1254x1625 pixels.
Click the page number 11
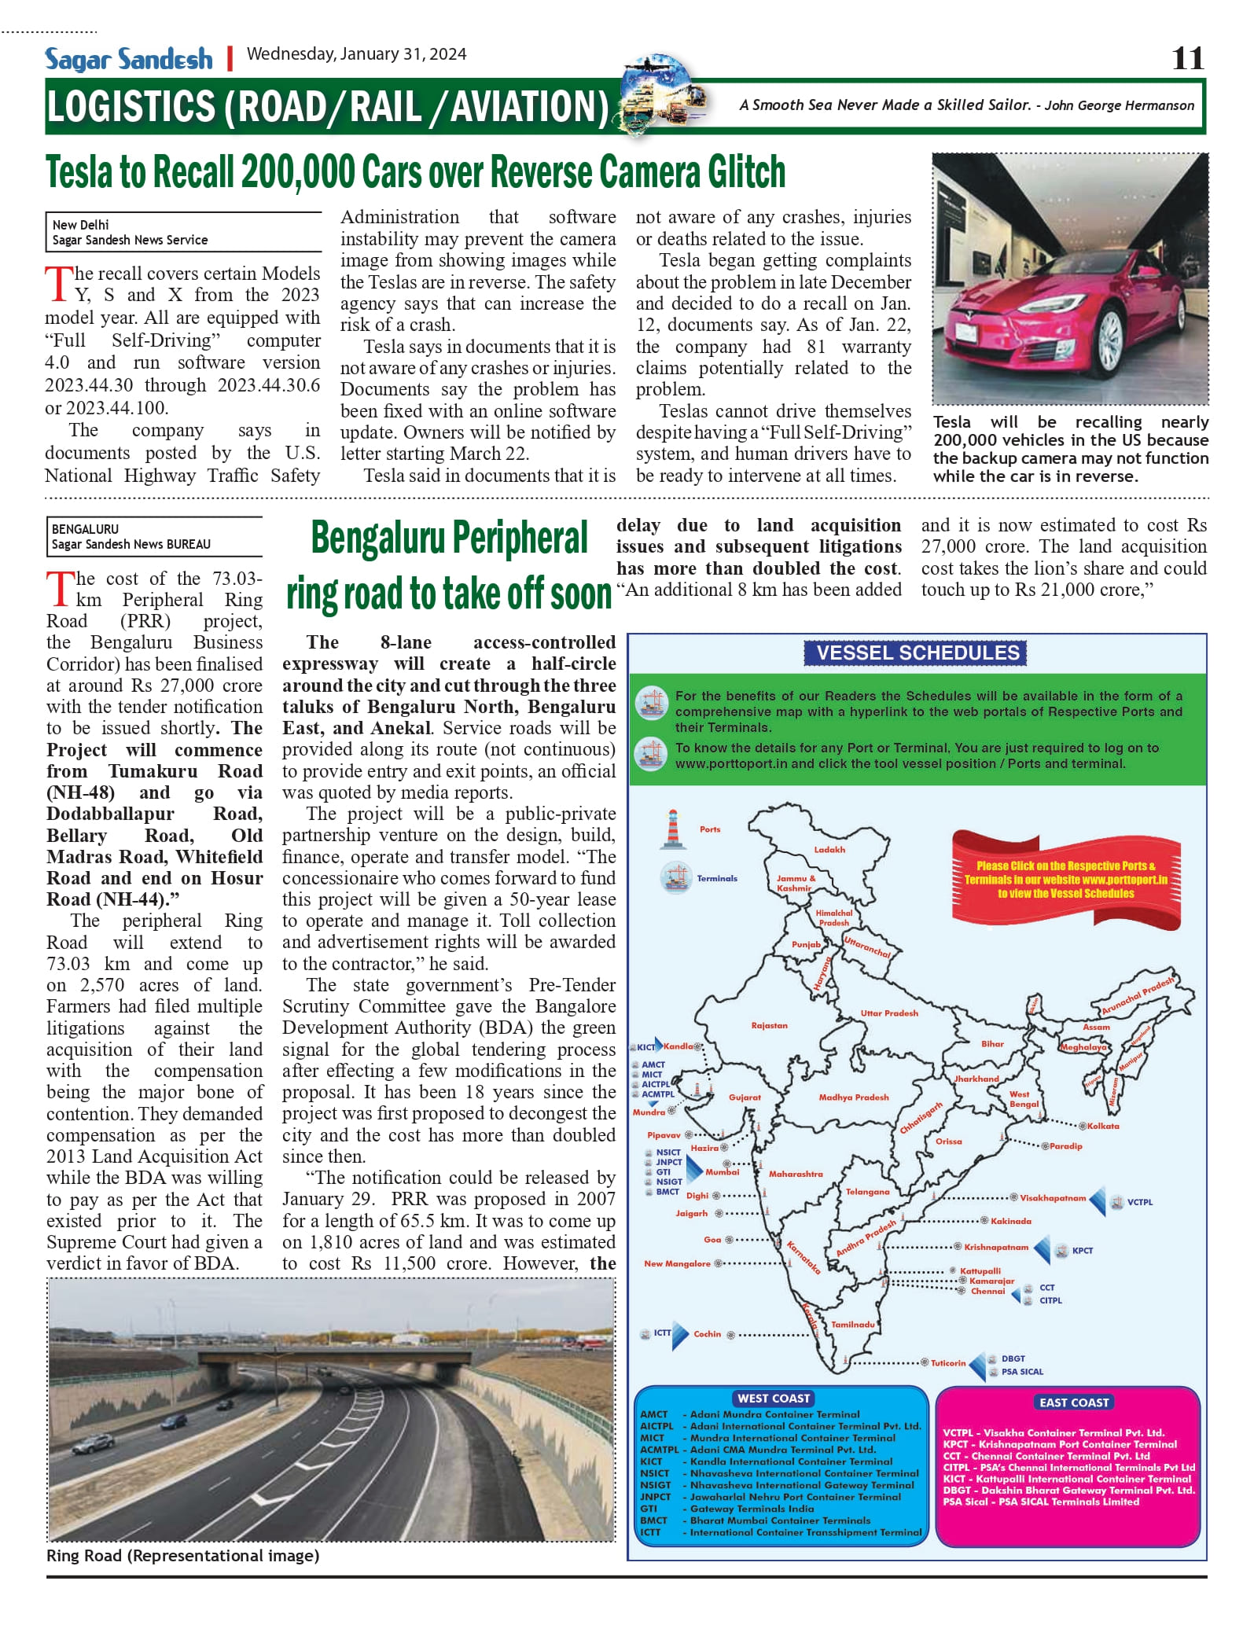click(1187, 58)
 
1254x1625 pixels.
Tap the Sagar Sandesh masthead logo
click(129, 59)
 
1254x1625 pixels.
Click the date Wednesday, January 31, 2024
click(356, 54)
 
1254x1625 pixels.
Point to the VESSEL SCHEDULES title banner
click(918, 653)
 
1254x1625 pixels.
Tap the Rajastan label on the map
click(769, 1025)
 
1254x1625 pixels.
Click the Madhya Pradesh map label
click(853, 1097)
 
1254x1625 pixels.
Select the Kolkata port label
click(1103, 1126)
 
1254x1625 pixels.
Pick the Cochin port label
click(707, 1333)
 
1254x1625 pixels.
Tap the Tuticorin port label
click(948, 1362)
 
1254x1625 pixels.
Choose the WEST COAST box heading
click(774, 1398)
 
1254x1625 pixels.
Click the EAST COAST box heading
click(1073, 1402)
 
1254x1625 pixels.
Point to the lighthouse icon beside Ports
click(672, 829)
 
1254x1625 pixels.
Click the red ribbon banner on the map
click(1065, 879)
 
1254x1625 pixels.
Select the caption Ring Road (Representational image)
click(182, 1555)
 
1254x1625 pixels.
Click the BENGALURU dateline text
click(85, 529)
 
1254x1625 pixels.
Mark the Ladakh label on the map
click(829, 849)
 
